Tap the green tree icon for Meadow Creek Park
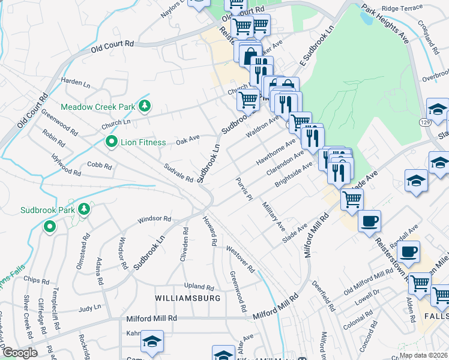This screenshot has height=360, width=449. pos(144,106)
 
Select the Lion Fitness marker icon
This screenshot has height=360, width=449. pos(111,142)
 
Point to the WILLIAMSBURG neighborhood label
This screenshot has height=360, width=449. pos(188,298)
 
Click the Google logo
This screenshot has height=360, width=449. pos(19,353)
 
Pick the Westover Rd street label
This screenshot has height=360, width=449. pos(240,258)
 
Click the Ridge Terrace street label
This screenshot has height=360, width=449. pos(399,9)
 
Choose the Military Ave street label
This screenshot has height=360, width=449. pos(273,215)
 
